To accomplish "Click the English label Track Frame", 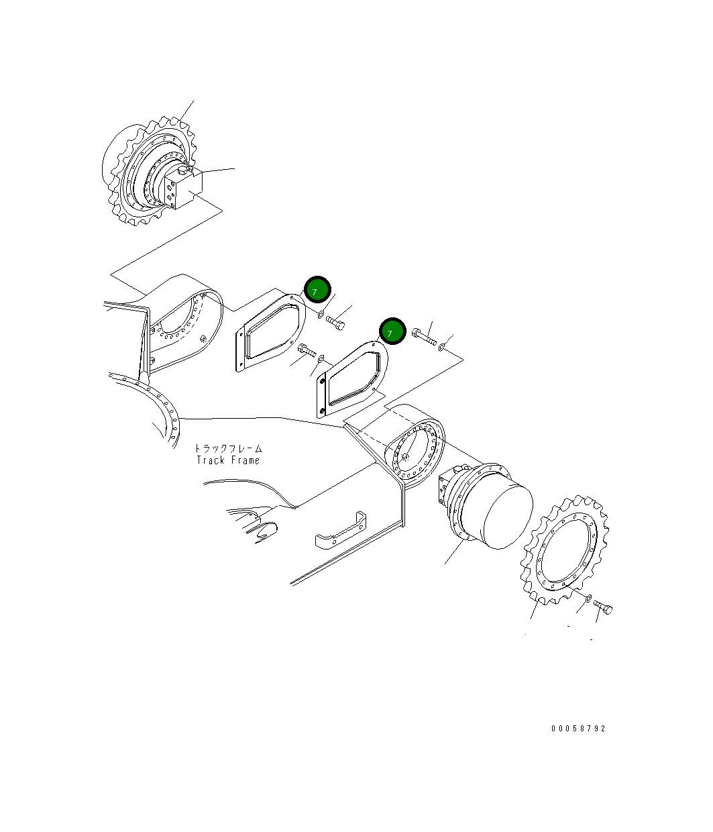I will [228, 460].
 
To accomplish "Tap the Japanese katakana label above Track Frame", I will [228, 448].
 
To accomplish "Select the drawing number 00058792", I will [578, 728].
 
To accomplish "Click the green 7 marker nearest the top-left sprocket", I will [317, 290].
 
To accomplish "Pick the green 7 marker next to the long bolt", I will [392, 332].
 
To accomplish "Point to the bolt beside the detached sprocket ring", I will [604, 608].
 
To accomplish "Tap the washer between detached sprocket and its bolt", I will [588, 598].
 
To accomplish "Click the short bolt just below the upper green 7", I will [336, 323].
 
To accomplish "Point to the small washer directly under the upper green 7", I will [321, 313].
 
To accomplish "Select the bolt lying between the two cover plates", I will [306, 350].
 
